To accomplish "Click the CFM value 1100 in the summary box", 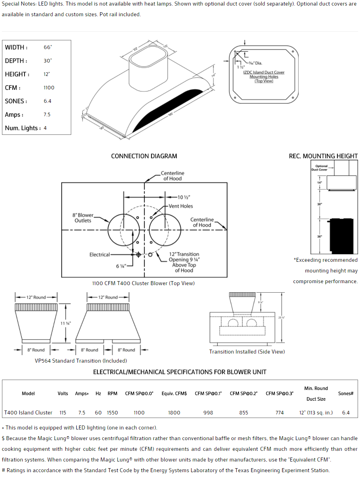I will [x=49, y=88].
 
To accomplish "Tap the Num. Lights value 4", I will [x=45, y=128].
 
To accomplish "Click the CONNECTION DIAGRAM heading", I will [x=144, y=156].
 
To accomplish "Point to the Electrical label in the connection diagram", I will [x=100, y=255].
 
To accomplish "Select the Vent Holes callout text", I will [x=181, y=206].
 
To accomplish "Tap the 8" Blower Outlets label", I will [x=83, y=218].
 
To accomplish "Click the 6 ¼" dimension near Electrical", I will [x=121, y=266].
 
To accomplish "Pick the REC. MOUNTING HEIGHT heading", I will [x=323, y=156].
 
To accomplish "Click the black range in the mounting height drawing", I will [x=342, y=235].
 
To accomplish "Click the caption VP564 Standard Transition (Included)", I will [x=81, y=361].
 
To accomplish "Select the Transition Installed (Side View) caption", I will [x=247, y=352].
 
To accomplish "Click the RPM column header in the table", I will [x=112, y=393].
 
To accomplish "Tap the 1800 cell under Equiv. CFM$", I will [x=174, y=412].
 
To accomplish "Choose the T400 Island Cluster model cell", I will [x=28, y=412].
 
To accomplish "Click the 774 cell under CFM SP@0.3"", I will [x=279, y=412].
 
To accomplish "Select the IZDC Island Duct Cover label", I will [x=264, y=72].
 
